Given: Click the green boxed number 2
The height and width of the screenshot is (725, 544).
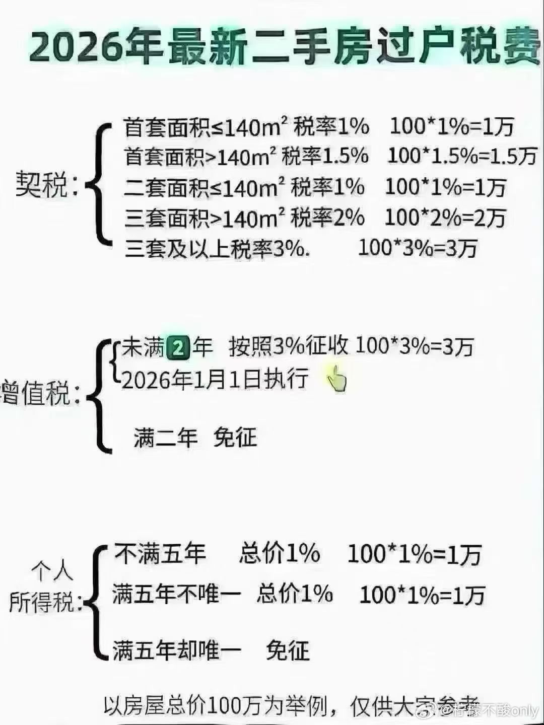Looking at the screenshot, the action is point(177,348).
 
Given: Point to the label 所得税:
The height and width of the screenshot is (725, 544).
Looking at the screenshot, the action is point(45,602).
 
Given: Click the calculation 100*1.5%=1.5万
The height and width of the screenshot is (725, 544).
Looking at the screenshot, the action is point(461,157).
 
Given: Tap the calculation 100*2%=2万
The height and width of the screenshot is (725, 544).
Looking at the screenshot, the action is point(445,218).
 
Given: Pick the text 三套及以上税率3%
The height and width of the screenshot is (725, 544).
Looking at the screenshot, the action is point(217,249).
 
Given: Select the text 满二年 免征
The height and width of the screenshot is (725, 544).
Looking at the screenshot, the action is point(195,437).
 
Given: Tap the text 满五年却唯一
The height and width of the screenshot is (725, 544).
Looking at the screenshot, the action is point(177,650).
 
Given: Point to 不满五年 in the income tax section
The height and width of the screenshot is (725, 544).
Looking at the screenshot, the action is point(160,553).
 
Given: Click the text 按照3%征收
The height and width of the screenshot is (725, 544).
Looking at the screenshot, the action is point(288,347).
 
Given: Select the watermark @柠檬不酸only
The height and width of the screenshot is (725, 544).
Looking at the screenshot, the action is point(490,710).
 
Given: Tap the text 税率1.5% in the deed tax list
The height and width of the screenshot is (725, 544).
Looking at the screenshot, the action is point(325,157).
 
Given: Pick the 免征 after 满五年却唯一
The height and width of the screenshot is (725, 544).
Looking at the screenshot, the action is point(288,650).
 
